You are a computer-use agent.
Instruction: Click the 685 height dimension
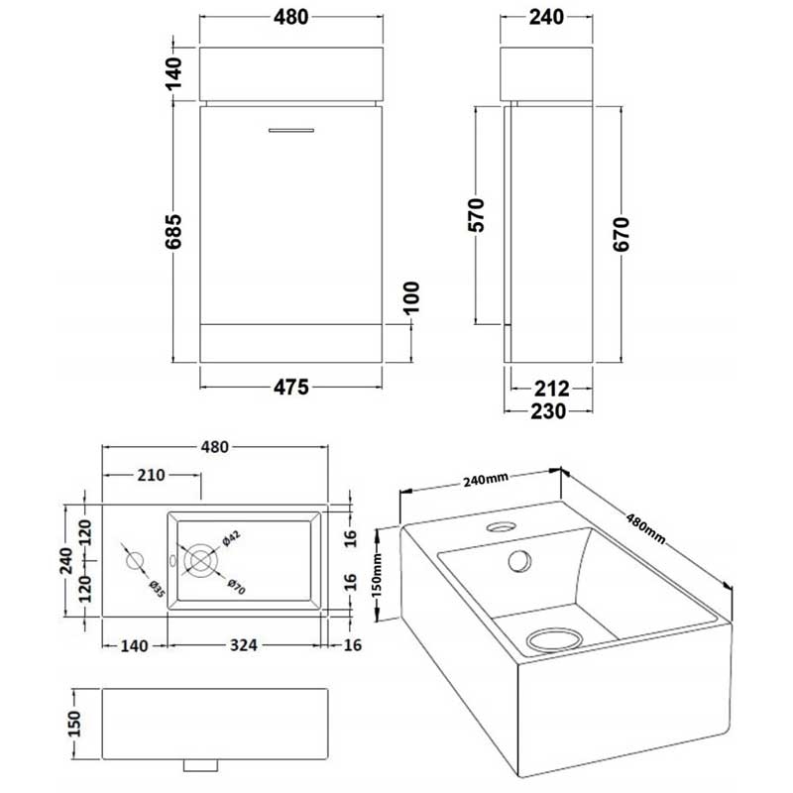click(173, 235)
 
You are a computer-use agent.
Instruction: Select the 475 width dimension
click(291, 386)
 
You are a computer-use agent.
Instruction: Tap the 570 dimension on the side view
click(477, 216)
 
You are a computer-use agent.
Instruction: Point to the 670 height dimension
click(623, 234)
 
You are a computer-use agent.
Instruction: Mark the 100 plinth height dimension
click(412, 296)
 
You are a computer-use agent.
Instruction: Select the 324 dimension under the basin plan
click(244, 645)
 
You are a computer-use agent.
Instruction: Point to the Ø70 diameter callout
click(235, 585)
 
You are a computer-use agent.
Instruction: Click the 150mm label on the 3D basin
click(377, 573)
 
